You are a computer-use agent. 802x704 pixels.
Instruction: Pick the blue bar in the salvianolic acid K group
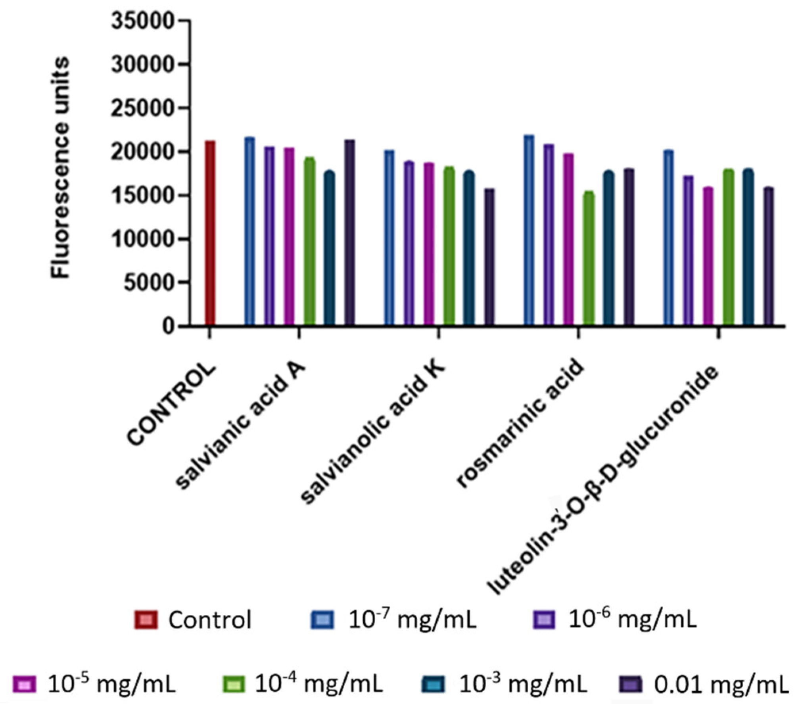pyautogui.click(x=389, y=238)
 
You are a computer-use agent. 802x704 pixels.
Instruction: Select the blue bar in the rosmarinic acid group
pyautogui.click(x=529, y=230)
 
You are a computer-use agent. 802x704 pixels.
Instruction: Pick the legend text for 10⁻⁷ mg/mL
pyautogui.click(x=412, y=620)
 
